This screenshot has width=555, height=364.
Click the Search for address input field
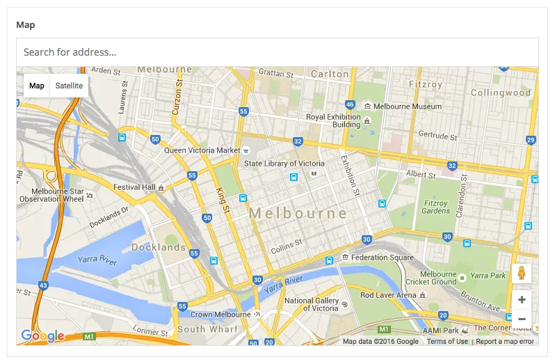pyautogui.click(x=277, y=52)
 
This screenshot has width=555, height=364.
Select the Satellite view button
pyautogui.click(x=69, y=86)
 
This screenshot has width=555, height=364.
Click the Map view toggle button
pyautogui.click(x=37, y=86)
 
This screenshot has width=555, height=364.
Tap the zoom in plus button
pyautogui.click(x=522, y=300)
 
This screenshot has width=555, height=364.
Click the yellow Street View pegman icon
pyautogui.click(x=522, y=274)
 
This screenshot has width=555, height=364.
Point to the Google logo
pyautogui.click(x=42, y=336)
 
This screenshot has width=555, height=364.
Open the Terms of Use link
pyautogui.click(x=447, y=341)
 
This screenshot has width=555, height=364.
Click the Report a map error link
pyautogui.click(x=505, y=341)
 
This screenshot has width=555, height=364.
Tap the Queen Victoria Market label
pyautogui.click(x=202, y=150)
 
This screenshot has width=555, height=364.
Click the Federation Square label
pyautogui.click(x=382, y=258)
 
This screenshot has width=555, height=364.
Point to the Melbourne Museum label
pyautogui.click(x=408, y=106)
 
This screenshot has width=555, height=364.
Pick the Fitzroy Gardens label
pyautogui.click(x=436, y=207)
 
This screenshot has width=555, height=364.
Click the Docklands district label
pyautogui.click(x=159, y=247)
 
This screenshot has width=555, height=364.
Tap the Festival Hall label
pyautogui.click(x=134, y=187)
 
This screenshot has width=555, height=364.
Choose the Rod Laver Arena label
pyautogui.click(x=388, y=295)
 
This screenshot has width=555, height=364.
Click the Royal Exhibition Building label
pyautogui.click(x=334, y=121)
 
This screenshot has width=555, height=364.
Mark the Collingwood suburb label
pyautogui.click(x=500, y=93)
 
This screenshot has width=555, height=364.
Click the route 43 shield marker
pyautogui.click(x=44, y=286)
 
